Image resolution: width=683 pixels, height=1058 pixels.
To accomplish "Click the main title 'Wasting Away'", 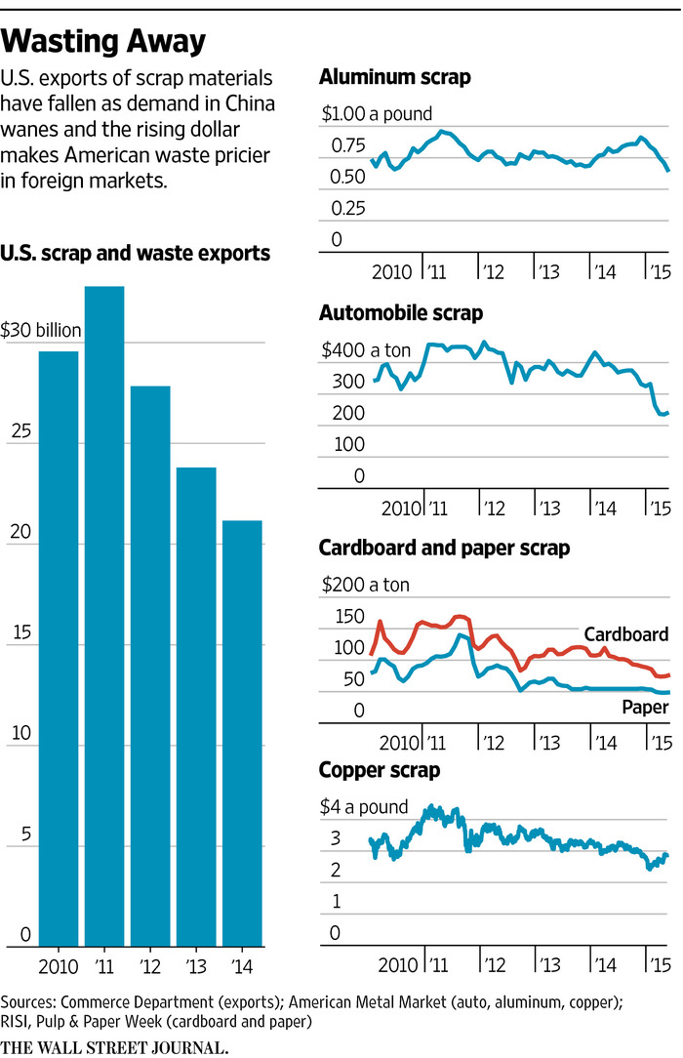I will tap(103, 41).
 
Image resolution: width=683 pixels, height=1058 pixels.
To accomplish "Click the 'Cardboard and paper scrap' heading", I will tap(445, 548).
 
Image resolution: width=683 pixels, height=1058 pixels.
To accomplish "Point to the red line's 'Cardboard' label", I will tap(625, 634).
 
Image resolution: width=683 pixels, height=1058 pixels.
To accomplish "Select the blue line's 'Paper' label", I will tap(643, 706).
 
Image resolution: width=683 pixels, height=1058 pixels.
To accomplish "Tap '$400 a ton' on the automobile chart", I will tap(365, 350).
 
